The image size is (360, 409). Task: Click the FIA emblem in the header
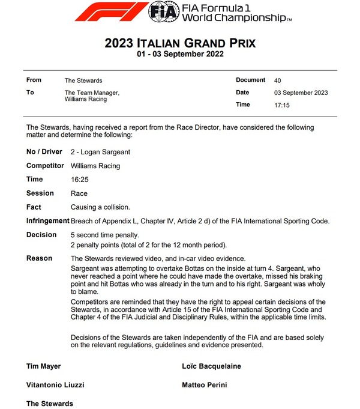pos(162,11)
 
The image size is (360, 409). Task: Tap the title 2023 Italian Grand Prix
pos(180,44)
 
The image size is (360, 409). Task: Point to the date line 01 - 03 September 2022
pos(180,55)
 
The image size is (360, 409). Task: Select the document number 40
pos(277,80)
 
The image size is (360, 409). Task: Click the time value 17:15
pos(282,105)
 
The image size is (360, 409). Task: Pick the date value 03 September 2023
pos(301,92)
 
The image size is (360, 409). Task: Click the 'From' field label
pos(34,80)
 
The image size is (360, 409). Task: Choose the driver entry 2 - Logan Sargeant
pos(100,152)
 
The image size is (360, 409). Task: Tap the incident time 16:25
pos(79,180)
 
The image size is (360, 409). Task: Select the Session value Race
pos(79,193)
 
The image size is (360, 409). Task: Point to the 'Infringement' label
pos(47,221)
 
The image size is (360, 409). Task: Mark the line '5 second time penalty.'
pos(105,235)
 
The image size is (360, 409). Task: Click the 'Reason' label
pos(39,258)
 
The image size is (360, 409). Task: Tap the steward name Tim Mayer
pos(44,366)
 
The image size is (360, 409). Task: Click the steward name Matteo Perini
pos(205,385)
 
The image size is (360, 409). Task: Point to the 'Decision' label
pos(41,235)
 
